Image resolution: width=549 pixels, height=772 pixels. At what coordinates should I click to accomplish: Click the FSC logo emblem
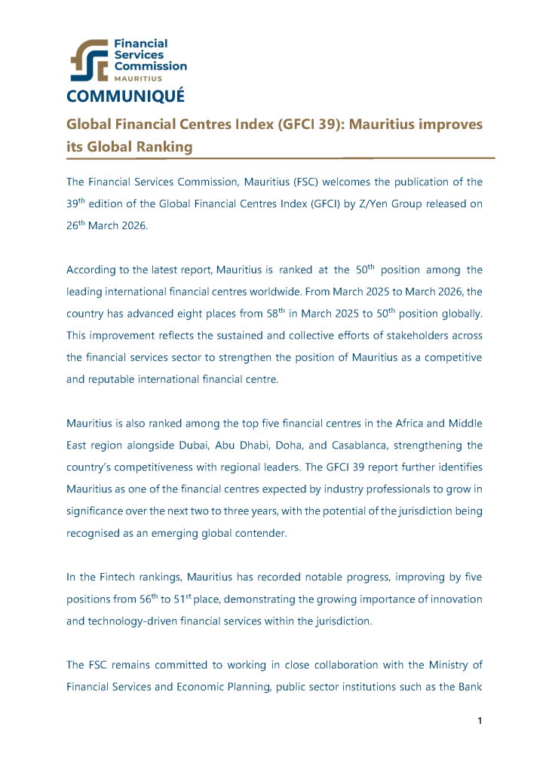(x=89, y=60)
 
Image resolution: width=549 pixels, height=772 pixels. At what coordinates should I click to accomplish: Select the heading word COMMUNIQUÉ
(x=125, y=97)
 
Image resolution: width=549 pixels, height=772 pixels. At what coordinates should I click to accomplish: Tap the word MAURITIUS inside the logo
(x=136, y=78)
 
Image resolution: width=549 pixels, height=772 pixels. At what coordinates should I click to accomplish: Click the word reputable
(x=118, y=379)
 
